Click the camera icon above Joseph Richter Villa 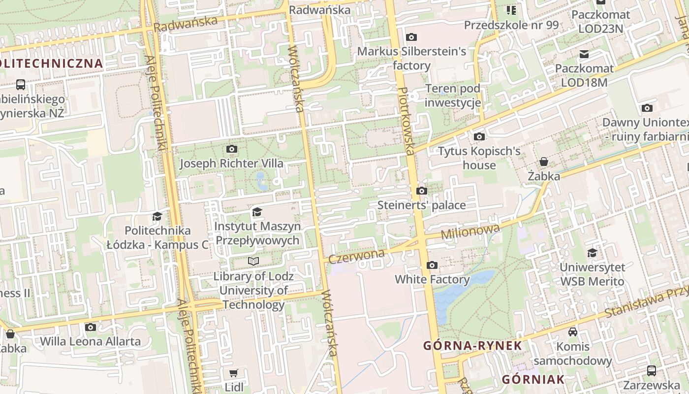tap(231, 149)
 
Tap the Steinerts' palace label tap(421, 205)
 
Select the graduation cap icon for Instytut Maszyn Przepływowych tap(257, 212)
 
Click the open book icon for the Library tap(253, 261)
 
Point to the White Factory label tap(432, 279)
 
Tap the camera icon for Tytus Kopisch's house tap(479, 136)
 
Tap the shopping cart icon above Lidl tap(234, 373)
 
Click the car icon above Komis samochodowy tap(573, 332)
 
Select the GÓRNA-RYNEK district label tap(472, 345)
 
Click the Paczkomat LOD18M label tap(585, 75)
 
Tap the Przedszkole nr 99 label tap(511, 25)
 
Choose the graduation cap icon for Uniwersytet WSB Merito tap(593, 253)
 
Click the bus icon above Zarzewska tap(651, 370)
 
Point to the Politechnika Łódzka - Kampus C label tap(157, 237)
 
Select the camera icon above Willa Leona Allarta tap(90, 327)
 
